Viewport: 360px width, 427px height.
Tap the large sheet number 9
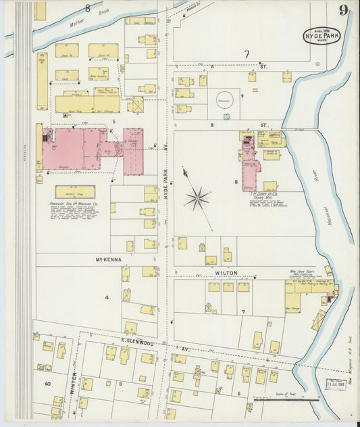[x=344, y=9]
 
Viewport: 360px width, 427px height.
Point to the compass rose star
[x=198, y=198]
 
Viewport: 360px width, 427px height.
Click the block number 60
[x=47, y=383]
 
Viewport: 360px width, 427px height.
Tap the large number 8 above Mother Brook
[x=87, y=8]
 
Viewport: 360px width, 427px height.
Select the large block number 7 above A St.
[x=247, y=53]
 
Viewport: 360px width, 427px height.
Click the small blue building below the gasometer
[x=226, y=116]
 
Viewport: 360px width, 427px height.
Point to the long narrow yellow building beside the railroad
[x=42, y=81]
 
